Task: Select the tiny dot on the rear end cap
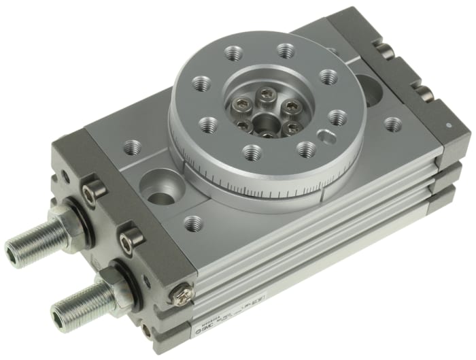(448, 126)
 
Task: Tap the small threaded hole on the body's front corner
(194, 223)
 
